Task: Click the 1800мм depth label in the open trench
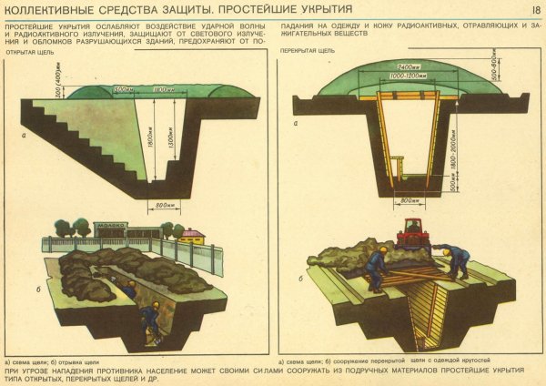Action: [x=150, y=136]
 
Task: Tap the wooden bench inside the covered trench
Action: [x=398, y=167]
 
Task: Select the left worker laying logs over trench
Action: [x=374, y=269]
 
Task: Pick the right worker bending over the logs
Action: [x=456, y=259]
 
